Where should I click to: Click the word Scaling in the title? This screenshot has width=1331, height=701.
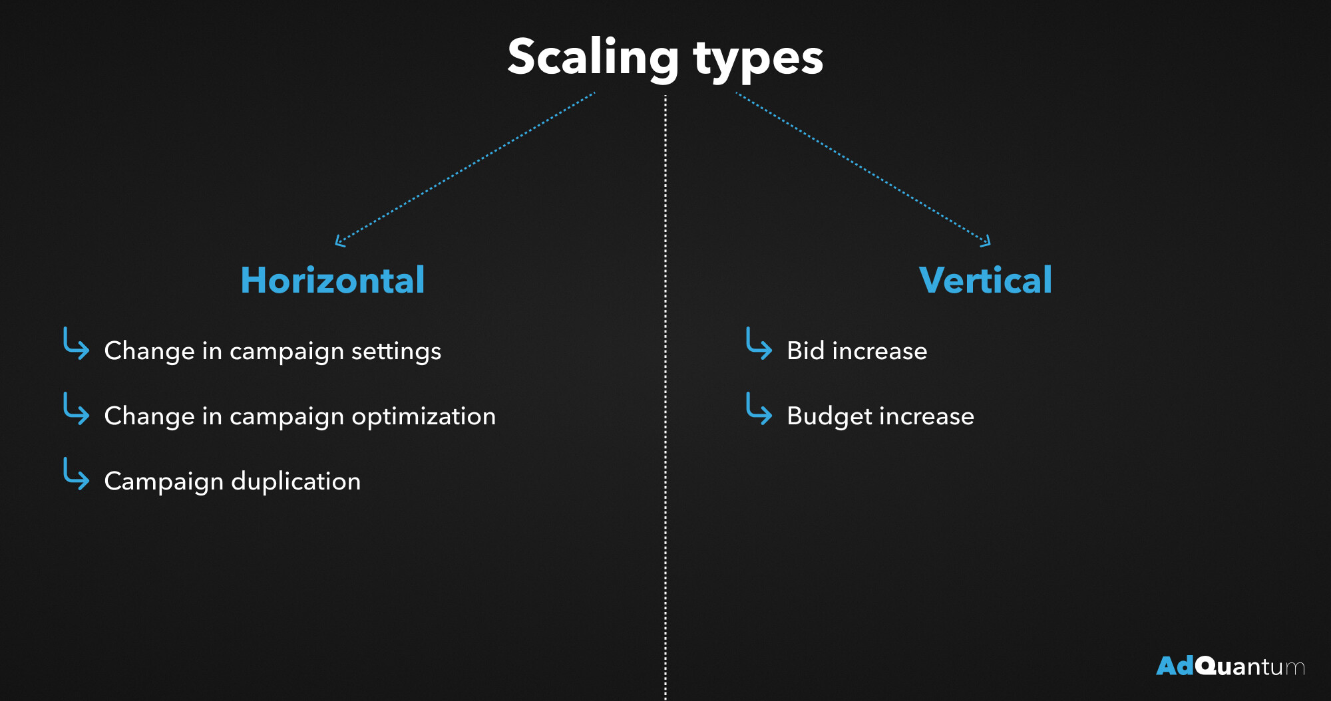(x=593, y=59)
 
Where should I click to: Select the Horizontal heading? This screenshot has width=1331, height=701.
(x=333, y=280)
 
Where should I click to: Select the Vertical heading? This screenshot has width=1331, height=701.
(x=986, y=280)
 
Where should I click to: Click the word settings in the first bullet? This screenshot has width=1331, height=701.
(x=396, y=352)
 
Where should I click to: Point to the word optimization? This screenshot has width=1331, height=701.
(x=424, y=417)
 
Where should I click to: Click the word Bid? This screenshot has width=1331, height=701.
(x=806, y=350)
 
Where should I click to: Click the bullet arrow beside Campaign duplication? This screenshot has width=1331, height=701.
(x=76, y=474)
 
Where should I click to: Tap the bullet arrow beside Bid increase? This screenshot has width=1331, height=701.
(x=759, y=344)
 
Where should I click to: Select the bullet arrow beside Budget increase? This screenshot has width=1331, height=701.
(x=759, y=409)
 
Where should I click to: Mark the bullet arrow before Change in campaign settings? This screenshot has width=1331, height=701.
(x=76, y=344)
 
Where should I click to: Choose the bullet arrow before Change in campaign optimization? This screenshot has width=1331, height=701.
(x=76, y=409)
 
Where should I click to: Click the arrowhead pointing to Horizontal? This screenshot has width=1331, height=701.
(x=339, y=242)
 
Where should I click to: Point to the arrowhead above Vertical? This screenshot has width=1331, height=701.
(x=986, y=242)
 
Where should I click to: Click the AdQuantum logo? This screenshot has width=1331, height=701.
(x=1231, y=666)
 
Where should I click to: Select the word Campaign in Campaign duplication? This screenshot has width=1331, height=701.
(x=164, y=482)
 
